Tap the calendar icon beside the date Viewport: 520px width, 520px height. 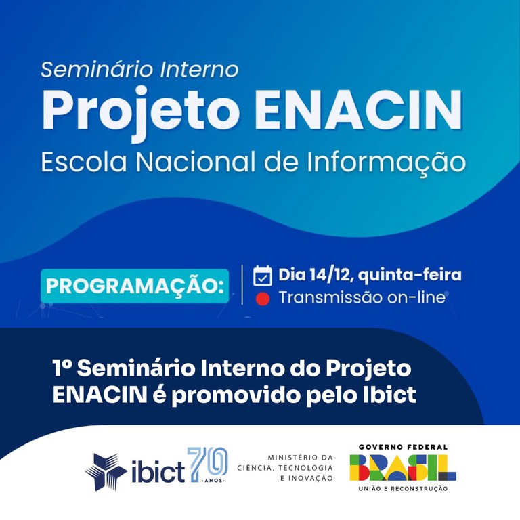coord(262,276)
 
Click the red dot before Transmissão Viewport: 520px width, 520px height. coord(263,299)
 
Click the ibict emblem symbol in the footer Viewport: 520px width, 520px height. coord(106,471)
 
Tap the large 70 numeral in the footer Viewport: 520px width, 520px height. coord(207,463)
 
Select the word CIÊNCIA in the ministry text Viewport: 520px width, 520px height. coord(258,468)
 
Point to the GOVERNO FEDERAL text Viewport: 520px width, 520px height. coord(403,447)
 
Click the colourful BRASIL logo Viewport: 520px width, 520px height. coord(403,467)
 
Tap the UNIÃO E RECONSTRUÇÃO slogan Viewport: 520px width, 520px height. coord(403,488)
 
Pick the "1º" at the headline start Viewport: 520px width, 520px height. coord(62,369)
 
